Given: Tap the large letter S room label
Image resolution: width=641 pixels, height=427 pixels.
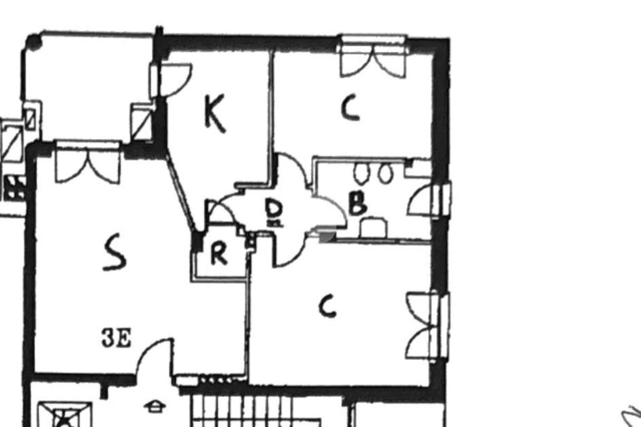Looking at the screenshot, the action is tap(115, 252).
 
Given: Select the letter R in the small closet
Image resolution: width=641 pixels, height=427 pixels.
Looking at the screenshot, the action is tap(218, 254).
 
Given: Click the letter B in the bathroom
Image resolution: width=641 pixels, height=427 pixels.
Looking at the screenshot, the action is tap(357, 203).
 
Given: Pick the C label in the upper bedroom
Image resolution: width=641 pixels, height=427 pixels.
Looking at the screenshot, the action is tap(351, 108).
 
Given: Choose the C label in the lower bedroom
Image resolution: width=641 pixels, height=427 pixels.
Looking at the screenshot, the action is tap(327, 307).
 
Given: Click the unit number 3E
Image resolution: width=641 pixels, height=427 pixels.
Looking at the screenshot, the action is tap(116, 339).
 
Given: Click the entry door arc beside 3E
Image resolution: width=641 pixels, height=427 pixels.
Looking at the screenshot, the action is tap(153, 357).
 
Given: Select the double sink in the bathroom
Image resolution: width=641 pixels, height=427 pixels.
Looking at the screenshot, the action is tap(373, 173).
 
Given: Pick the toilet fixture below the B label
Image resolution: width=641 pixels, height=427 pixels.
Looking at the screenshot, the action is tap(373, 227).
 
